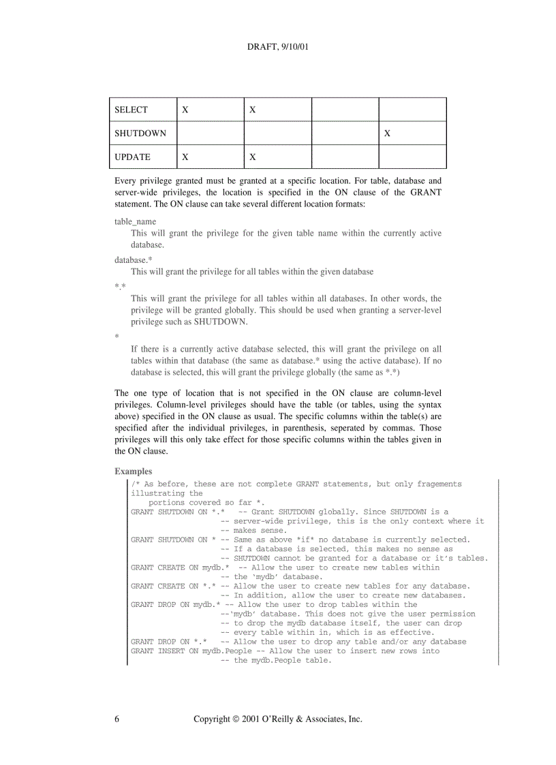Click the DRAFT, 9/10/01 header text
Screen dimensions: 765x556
(x=278, y=48)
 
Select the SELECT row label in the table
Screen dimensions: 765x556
(x=131, y=110)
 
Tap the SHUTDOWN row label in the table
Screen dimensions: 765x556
(x=140, y=134)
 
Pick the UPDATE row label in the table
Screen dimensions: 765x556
(x=132, y=157)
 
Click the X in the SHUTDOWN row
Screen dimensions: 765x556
(x=387, y=134)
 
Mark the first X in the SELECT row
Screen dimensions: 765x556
(x=185, y=110)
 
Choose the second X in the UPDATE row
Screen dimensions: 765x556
(x=252, y=157)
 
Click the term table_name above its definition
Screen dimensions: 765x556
(x=135, y=221)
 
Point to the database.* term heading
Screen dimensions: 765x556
(x=134, y=260)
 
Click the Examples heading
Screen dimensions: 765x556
(x=134, y=471)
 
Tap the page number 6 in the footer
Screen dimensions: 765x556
(x=117, y=719)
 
